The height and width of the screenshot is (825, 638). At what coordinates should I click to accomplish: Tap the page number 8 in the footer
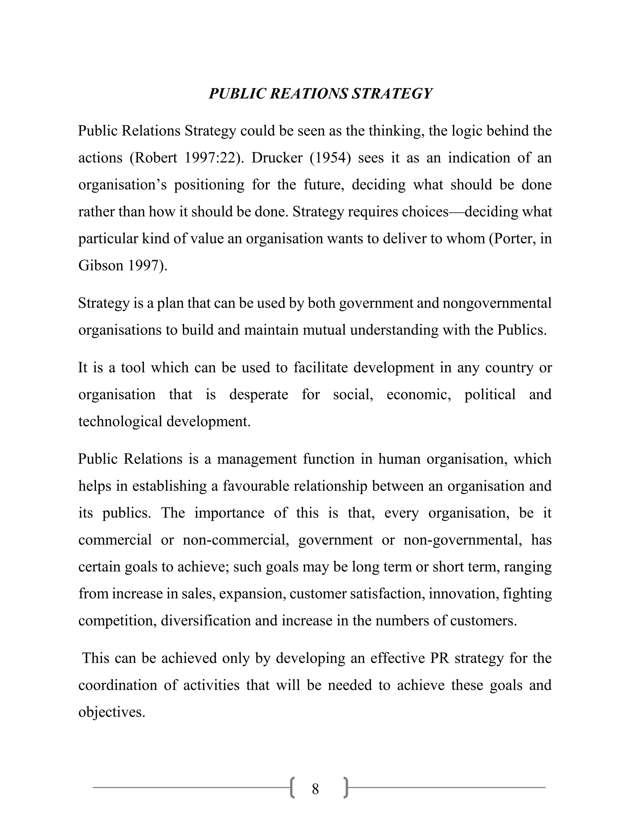tap(315, 789)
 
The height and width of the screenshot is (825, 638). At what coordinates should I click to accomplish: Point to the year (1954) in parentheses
tap(330, 158)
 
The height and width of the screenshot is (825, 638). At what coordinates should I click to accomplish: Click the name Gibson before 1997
tap(101, 265)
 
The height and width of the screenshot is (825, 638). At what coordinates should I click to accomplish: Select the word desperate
tap(259, 394)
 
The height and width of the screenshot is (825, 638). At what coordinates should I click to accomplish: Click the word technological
tap(120, 421)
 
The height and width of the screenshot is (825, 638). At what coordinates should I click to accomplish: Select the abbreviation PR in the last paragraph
tap(440, 658)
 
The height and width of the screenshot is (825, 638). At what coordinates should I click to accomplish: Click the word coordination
tap(117, 685)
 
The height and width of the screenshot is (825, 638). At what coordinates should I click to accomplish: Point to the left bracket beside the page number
tap(292, 788)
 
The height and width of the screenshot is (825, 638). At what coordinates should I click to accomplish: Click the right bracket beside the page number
tap(346, 788)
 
